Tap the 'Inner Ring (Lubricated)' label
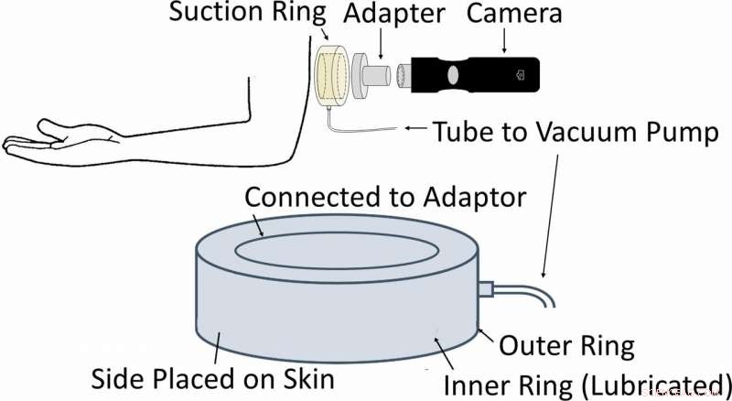588,381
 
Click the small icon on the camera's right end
521,72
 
